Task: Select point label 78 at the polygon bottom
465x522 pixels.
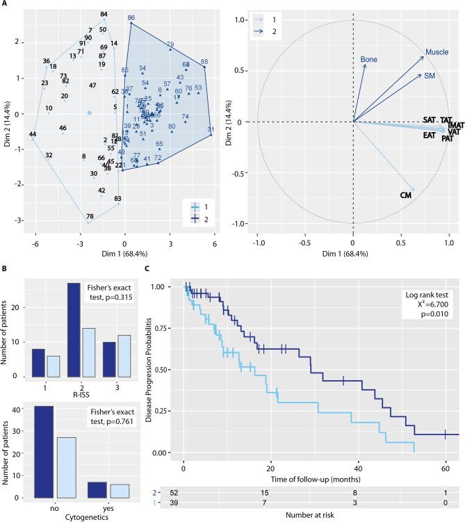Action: point(90,217)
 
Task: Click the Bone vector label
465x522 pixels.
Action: point(369,60)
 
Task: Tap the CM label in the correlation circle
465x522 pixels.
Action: point(407,196)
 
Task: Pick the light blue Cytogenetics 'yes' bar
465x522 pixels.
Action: point(119,471)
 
